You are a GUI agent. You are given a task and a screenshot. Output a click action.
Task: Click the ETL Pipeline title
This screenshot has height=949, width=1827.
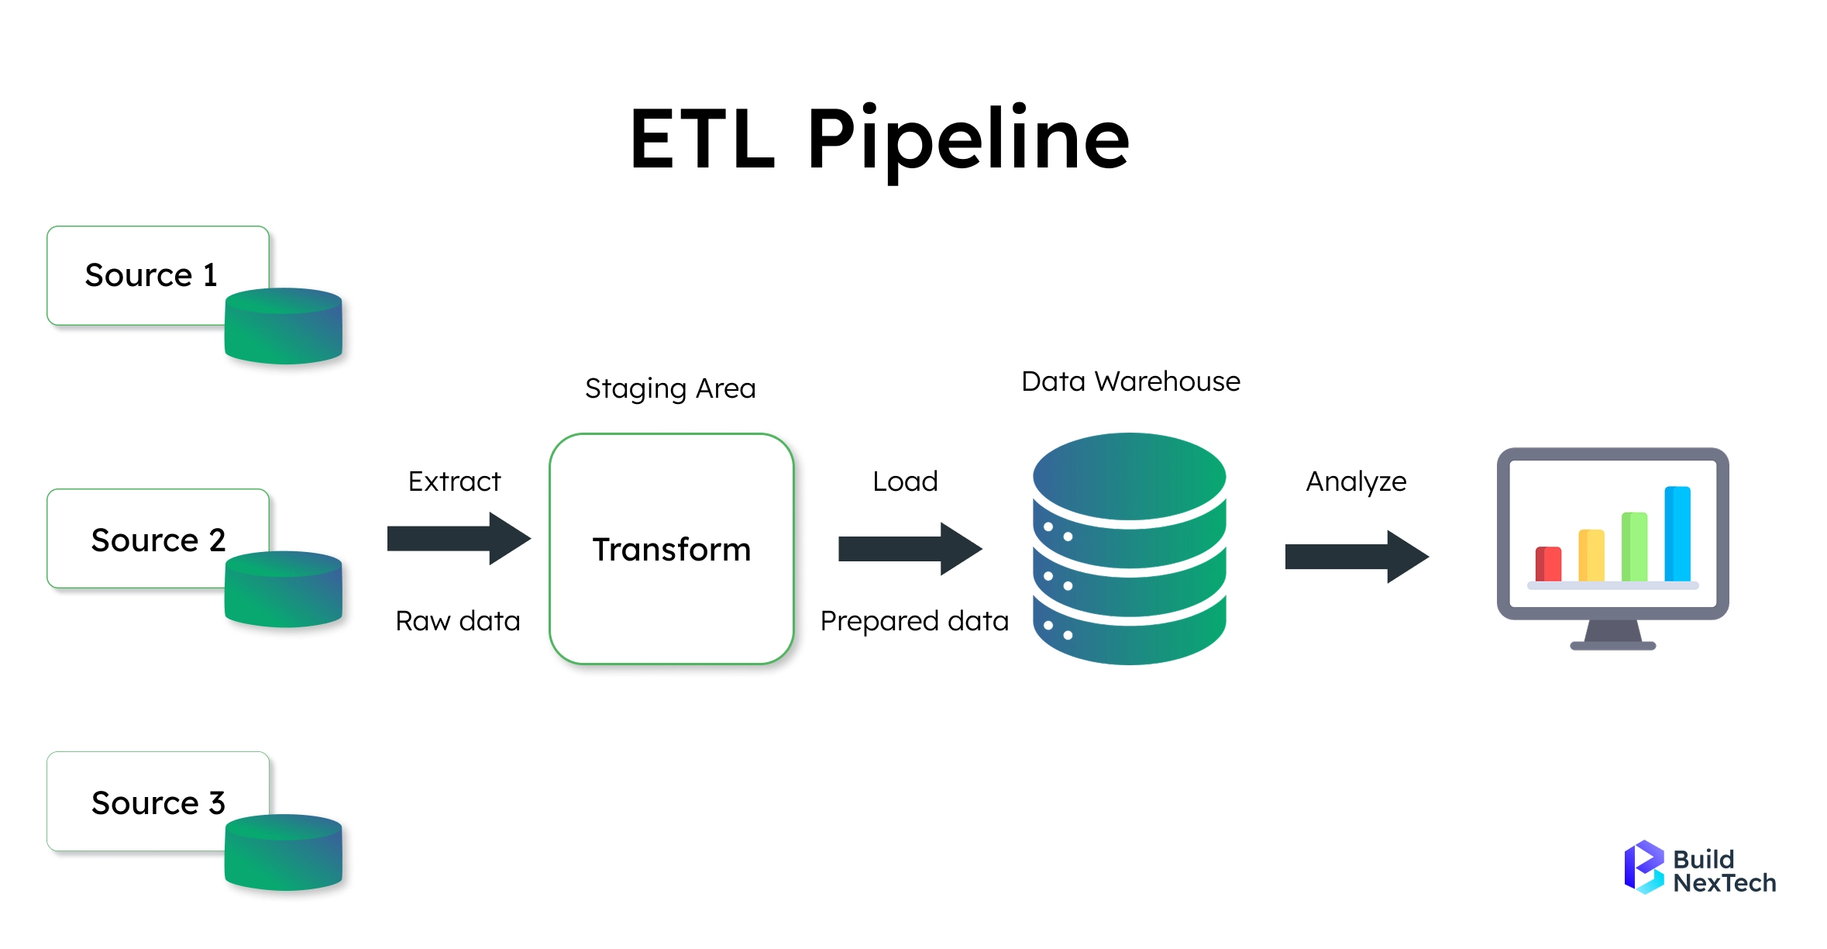(x=879, y=140)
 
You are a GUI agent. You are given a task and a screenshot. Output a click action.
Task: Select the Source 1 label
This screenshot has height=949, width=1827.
(x=151, y=275)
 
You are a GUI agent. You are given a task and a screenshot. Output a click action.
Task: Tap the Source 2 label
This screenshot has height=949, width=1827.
(x=158, y=540)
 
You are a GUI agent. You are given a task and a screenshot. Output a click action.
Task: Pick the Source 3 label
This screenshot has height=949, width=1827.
(x=158, y=802)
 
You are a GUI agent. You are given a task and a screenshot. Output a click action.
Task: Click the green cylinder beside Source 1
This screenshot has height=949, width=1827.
(x=284, y=326)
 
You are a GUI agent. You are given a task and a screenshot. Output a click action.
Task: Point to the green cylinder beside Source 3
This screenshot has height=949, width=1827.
(x=284, y=852)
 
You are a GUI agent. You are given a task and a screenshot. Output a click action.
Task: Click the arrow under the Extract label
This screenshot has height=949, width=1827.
(x=459, y=538)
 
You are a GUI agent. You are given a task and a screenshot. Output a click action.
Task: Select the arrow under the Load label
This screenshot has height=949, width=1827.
(x=910, y=549)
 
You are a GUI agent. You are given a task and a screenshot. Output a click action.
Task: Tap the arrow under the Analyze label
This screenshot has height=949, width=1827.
(x=1357, y=557)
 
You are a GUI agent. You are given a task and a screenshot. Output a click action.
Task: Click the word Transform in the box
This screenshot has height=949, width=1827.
(x=672, y=549)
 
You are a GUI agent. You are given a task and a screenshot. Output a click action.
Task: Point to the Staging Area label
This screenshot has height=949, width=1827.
(x=670, y=388)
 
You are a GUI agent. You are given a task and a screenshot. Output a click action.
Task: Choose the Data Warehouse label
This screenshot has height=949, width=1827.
(x=1130, y=381)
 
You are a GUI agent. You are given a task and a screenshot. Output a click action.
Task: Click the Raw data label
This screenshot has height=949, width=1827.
(x=457, y=621)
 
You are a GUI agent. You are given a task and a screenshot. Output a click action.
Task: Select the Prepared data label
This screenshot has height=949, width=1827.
(x=914, y=621)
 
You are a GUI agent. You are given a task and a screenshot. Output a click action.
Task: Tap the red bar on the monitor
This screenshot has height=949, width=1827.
(x=1548, y=564)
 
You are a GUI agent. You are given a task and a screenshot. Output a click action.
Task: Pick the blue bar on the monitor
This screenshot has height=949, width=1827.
(x=1677, y=533)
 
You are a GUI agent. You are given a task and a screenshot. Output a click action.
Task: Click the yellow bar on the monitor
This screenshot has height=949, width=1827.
(x=1591, y=555)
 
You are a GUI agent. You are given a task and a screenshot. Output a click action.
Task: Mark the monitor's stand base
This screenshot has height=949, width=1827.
(x=1612, y=645)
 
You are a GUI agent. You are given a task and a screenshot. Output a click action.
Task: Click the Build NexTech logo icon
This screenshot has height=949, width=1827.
(x=1644, y=867)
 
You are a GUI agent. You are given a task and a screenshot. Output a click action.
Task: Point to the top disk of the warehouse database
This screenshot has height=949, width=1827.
(x=1130, y=476)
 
